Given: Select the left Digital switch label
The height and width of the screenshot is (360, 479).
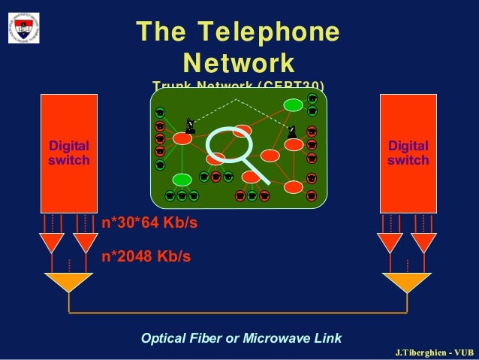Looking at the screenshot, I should pyautogui.click(x=69, y=153).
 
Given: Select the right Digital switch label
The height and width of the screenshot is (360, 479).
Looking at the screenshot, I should pyautogui.click(x=408, y=153).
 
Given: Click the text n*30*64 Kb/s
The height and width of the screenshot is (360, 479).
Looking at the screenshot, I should pyautogui.click(x=150, y=224).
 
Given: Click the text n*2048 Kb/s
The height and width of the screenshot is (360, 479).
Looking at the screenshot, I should pyautogui.click(x=146, y=256).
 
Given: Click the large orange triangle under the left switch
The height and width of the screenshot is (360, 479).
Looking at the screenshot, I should pyautogui.click(x=68, y=281).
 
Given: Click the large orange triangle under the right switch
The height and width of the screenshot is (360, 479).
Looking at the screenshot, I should pyautogui.click(x=407, y=281).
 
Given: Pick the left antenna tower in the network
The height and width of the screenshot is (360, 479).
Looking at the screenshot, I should pyautogui.click(x=190, y=126).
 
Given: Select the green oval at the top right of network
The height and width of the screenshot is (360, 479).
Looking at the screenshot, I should pyautogui.click(x=292, y=104).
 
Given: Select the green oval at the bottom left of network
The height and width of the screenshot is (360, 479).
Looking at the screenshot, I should pyautogui.click(x=182, y=179).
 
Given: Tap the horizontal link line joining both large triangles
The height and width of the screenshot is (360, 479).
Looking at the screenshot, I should pyautogui.click(x=238, y=311).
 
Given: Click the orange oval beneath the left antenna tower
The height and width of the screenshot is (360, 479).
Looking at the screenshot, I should pyautogui.click(x=182, y=139).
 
